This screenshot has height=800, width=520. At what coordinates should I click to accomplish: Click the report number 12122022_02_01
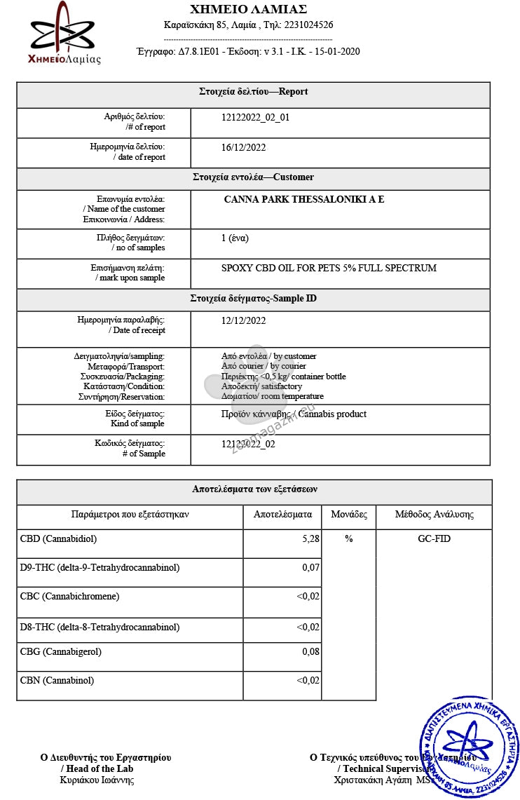255,118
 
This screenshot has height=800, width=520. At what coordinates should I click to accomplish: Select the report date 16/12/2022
243,148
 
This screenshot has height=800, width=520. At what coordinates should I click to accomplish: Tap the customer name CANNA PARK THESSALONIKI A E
304,200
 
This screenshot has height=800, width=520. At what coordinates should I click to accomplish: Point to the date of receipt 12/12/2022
243,321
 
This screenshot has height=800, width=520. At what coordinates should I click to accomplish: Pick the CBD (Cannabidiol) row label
58,539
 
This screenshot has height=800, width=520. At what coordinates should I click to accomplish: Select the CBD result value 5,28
310,539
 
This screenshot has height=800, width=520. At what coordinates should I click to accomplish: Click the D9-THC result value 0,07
311,567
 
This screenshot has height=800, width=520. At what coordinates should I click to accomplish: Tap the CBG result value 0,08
311,652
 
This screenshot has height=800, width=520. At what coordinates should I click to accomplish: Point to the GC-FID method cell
434,539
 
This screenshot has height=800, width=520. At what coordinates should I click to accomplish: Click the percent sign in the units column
349,539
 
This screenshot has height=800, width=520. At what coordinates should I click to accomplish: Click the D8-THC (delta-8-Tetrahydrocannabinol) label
100,628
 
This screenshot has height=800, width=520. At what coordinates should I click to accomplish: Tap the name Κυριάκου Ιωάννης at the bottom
97,780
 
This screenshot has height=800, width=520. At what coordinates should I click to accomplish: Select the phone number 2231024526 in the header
308,25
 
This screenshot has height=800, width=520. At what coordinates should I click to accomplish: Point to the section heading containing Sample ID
253,299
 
